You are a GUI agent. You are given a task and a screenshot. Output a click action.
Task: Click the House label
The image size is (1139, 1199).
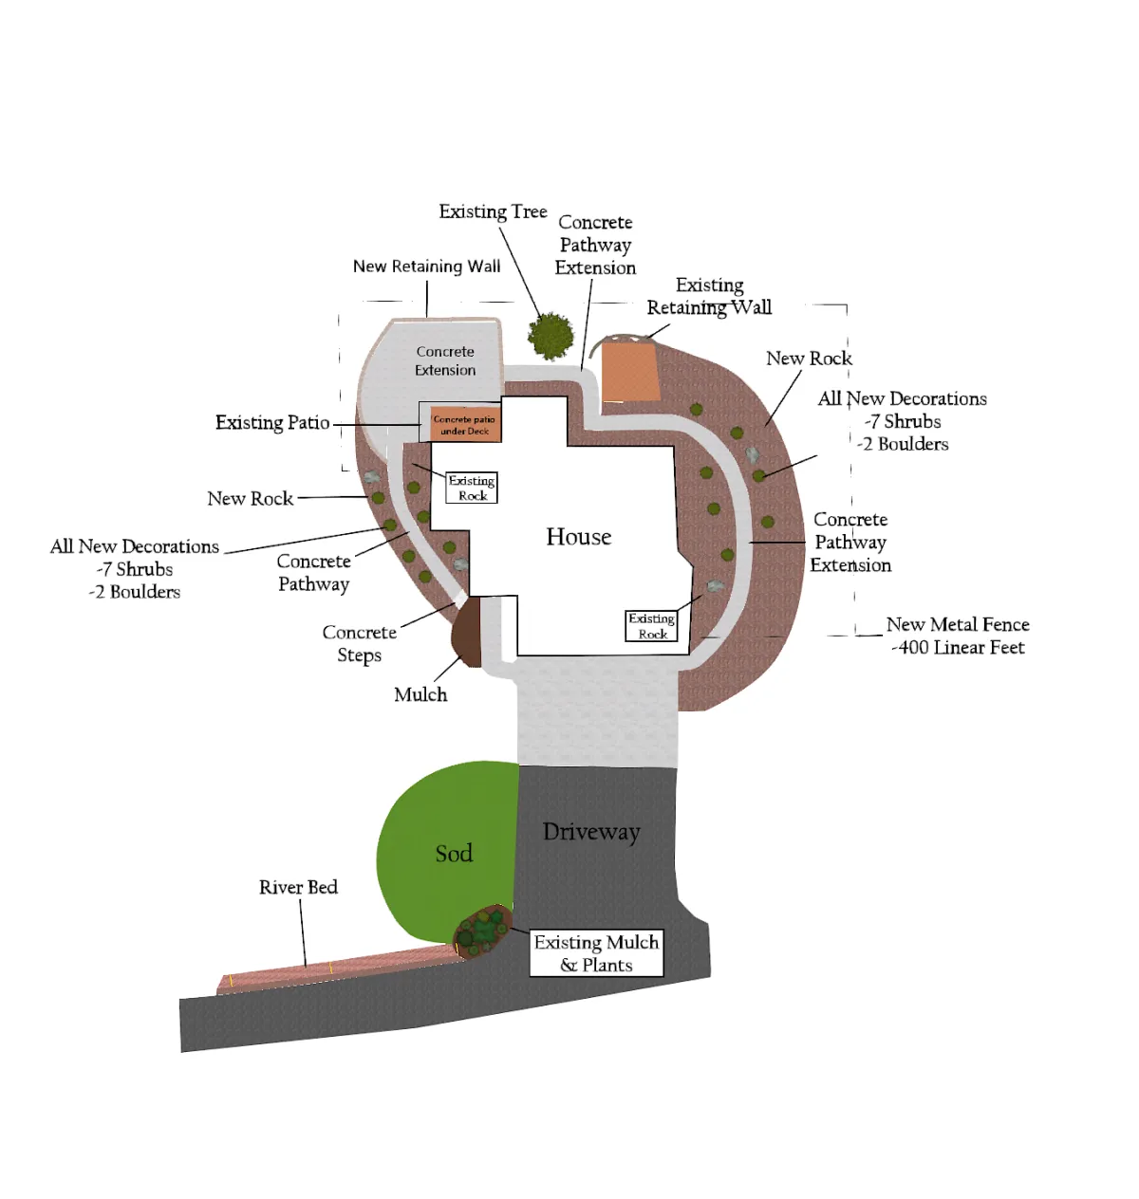[x=578, y=537]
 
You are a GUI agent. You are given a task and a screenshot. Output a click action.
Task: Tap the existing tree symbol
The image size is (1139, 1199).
[x=551, y=335]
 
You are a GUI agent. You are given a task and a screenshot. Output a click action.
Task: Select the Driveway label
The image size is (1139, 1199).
[x=591, y=832]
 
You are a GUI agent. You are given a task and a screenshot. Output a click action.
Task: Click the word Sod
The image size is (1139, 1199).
[x=454, y=854]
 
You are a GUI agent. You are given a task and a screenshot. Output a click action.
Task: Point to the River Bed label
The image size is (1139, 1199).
[x=298, y=887]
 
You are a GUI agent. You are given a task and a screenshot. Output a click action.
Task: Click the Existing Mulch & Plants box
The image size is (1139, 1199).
[x=596, y=953]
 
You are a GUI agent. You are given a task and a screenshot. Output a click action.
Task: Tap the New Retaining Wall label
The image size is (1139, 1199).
[x=426, y=267]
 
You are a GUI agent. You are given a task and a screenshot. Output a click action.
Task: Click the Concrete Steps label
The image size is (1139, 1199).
[x=359, y=643]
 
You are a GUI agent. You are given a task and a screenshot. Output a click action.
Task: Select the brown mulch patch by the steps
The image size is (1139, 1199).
[x=467, y=630]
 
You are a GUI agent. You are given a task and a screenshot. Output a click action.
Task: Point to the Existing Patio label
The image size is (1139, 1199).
[x=272, y=423]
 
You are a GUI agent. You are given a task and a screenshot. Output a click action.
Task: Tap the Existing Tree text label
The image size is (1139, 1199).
[x=493, y=212]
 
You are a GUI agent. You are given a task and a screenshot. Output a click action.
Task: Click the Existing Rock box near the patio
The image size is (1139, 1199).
[x=472, y=488]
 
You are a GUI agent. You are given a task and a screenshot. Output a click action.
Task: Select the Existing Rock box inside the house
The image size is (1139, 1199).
[x=652, y=626]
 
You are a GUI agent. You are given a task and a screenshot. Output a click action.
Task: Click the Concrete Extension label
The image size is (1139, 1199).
[x=445, y=360]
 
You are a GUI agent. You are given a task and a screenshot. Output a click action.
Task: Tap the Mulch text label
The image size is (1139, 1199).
[x=420, y=694]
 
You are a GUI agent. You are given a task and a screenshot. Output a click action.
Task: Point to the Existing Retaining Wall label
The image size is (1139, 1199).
[x=709, y=296]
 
